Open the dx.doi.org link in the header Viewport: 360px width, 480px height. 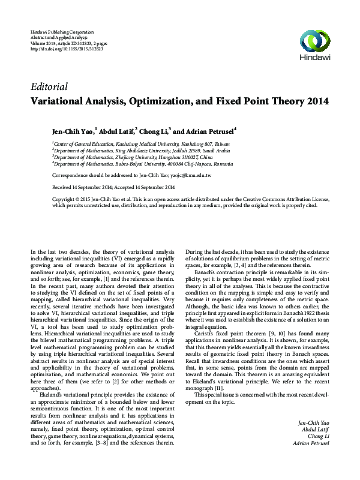point(66,49)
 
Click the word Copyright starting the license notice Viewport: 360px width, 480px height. point(64,199)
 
